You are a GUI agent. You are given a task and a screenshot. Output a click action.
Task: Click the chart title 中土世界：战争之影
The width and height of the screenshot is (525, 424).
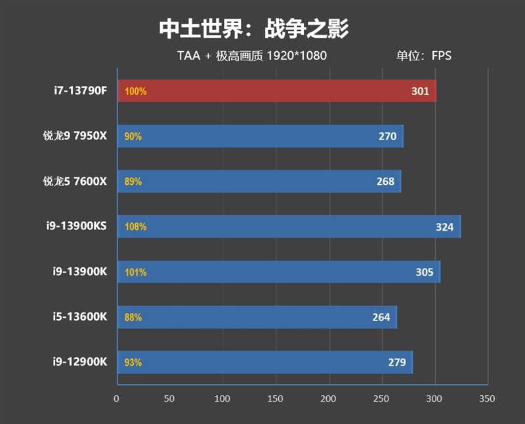click(253, 28)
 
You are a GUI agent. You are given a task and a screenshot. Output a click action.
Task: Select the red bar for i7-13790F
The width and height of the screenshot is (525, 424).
click(276, 91)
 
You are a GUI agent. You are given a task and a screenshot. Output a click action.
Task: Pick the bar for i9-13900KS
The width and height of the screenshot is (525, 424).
click(289, 227)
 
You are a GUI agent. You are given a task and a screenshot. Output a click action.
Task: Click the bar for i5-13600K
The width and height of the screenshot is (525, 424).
click(256, 317)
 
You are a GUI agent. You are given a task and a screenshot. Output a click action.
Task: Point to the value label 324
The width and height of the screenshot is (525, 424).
click(444, 227)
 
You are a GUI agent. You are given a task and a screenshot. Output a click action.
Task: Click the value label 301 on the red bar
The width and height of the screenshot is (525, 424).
click(420, 92)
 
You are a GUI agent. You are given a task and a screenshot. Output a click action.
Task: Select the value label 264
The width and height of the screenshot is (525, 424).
click(381, 318)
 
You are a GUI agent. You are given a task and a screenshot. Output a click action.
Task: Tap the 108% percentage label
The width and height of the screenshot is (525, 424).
click(135, 227)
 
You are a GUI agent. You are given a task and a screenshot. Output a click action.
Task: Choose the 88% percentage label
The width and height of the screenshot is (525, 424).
click(133, 318)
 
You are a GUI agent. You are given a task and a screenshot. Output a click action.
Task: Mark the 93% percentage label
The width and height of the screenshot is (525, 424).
click(133, 362)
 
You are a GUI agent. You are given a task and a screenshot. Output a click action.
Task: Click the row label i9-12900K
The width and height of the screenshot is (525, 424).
click(80, 362)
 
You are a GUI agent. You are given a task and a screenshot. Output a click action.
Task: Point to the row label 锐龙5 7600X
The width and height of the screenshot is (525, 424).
click(73, 182)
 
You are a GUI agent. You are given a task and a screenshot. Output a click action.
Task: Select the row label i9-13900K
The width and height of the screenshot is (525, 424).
click(80, 271)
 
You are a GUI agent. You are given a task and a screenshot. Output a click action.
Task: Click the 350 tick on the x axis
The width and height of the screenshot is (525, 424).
click(487, 398)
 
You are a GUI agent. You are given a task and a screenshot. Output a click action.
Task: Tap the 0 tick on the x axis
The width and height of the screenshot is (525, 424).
click(117, 398)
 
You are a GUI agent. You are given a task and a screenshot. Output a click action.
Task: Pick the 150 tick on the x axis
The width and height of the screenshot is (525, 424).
click(276, 398)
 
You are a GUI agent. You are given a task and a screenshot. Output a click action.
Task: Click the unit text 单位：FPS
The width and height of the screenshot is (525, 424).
click(423, 56)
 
